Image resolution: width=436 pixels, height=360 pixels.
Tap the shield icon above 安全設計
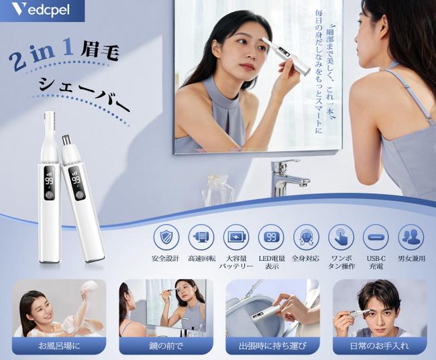[166, 237]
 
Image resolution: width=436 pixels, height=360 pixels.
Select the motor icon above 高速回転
[201, 237]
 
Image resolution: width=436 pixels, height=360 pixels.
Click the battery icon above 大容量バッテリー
[236, 237]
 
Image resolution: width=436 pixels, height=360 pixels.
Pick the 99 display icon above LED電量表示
[272, 237]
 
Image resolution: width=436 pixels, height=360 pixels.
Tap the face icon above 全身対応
[306, 237]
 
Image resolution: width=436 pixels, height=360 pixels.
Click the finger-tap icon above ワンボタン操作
[341, 237]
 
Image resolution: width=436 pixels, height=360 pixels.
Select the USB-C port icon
[376, 237]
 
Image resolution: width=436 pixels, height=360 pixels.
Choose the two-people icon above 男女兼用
[411, 237]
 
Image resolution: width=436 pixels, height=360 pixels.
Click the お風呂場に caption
[59, 346]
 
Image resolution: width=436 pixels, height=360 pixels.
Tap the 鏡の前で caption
[166, 346]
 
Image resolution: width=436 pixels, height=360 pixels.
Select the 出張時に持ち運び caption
[273, 346]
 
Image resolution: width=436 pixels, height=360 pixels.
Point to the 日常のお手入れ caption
[380, 346]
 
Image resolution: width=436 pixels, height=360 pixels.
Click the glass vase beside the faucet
[217, 190]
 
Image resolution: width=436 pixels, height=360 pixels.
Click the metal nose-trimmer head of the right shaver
[66, 140]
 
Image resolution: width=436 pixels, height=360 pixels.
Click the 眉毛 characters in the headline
[99, 50]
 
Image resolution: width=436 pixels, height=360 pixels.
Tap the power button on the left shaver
[49, 194]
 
